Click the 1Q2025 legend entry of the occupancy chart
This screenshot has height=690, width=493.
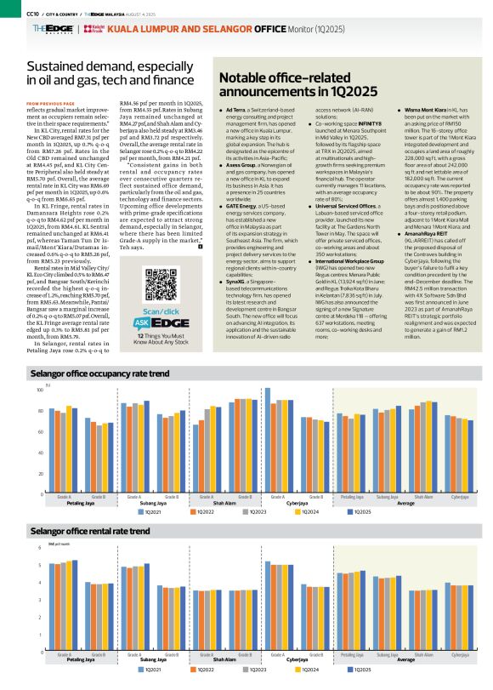(x=358, y=511)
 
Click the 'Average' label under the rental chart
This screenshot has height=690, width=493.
(x=405, y=661)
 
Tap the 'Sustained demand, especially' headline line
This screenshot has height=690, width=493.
(x=107, y=66)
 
